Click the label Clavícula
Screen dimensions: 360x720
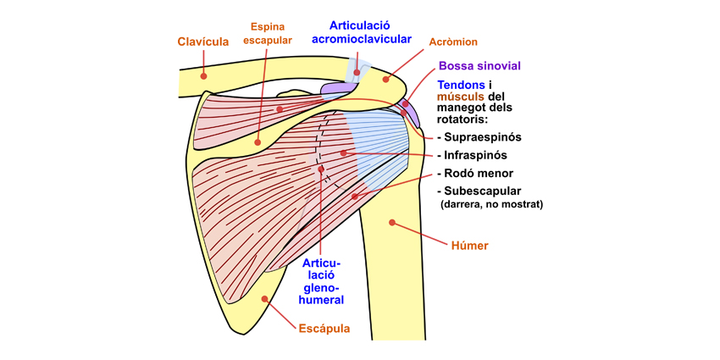coord(203,42)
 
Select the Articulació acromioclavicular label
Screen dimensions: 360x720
coord(362,31)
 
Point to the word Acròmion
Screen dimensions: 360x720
coord(454,42)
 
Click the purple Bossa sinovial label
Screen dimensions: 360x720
coord(479,65)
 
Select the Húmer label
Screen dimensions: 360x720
coord(470,246)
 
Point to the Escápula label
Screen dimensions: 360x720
coord(324,328)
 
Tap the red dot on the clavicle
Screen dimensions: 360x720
coord(203,75)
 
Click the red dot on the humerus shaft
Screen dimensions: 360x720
coord(391,223)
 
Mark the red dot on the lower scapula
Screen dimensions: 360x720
coord(264,298)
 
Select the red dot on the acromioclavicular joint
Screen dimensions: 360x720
coord(357,72)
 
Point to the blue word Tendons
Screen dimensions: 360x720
coord(462,85)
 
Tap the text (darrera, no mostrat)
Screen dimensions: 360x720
coord(491,204)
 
